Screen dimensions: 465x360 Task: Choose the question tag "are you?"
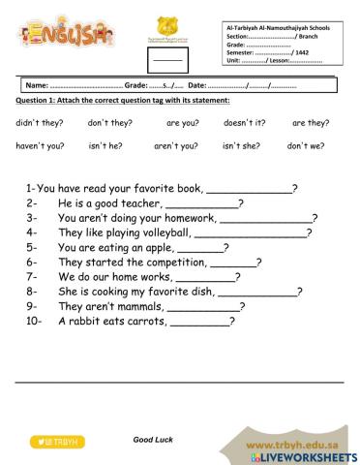pos(182,123)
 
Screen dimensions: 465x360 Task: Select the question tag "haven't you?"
pos(41,145)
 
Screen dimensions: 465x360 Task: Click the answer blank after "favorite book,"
pos(250,190)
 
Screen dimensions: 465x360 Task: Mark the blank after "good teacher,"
pos(202,204)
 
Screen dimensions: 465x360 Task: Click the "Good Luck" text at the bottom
pos(152,439)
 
